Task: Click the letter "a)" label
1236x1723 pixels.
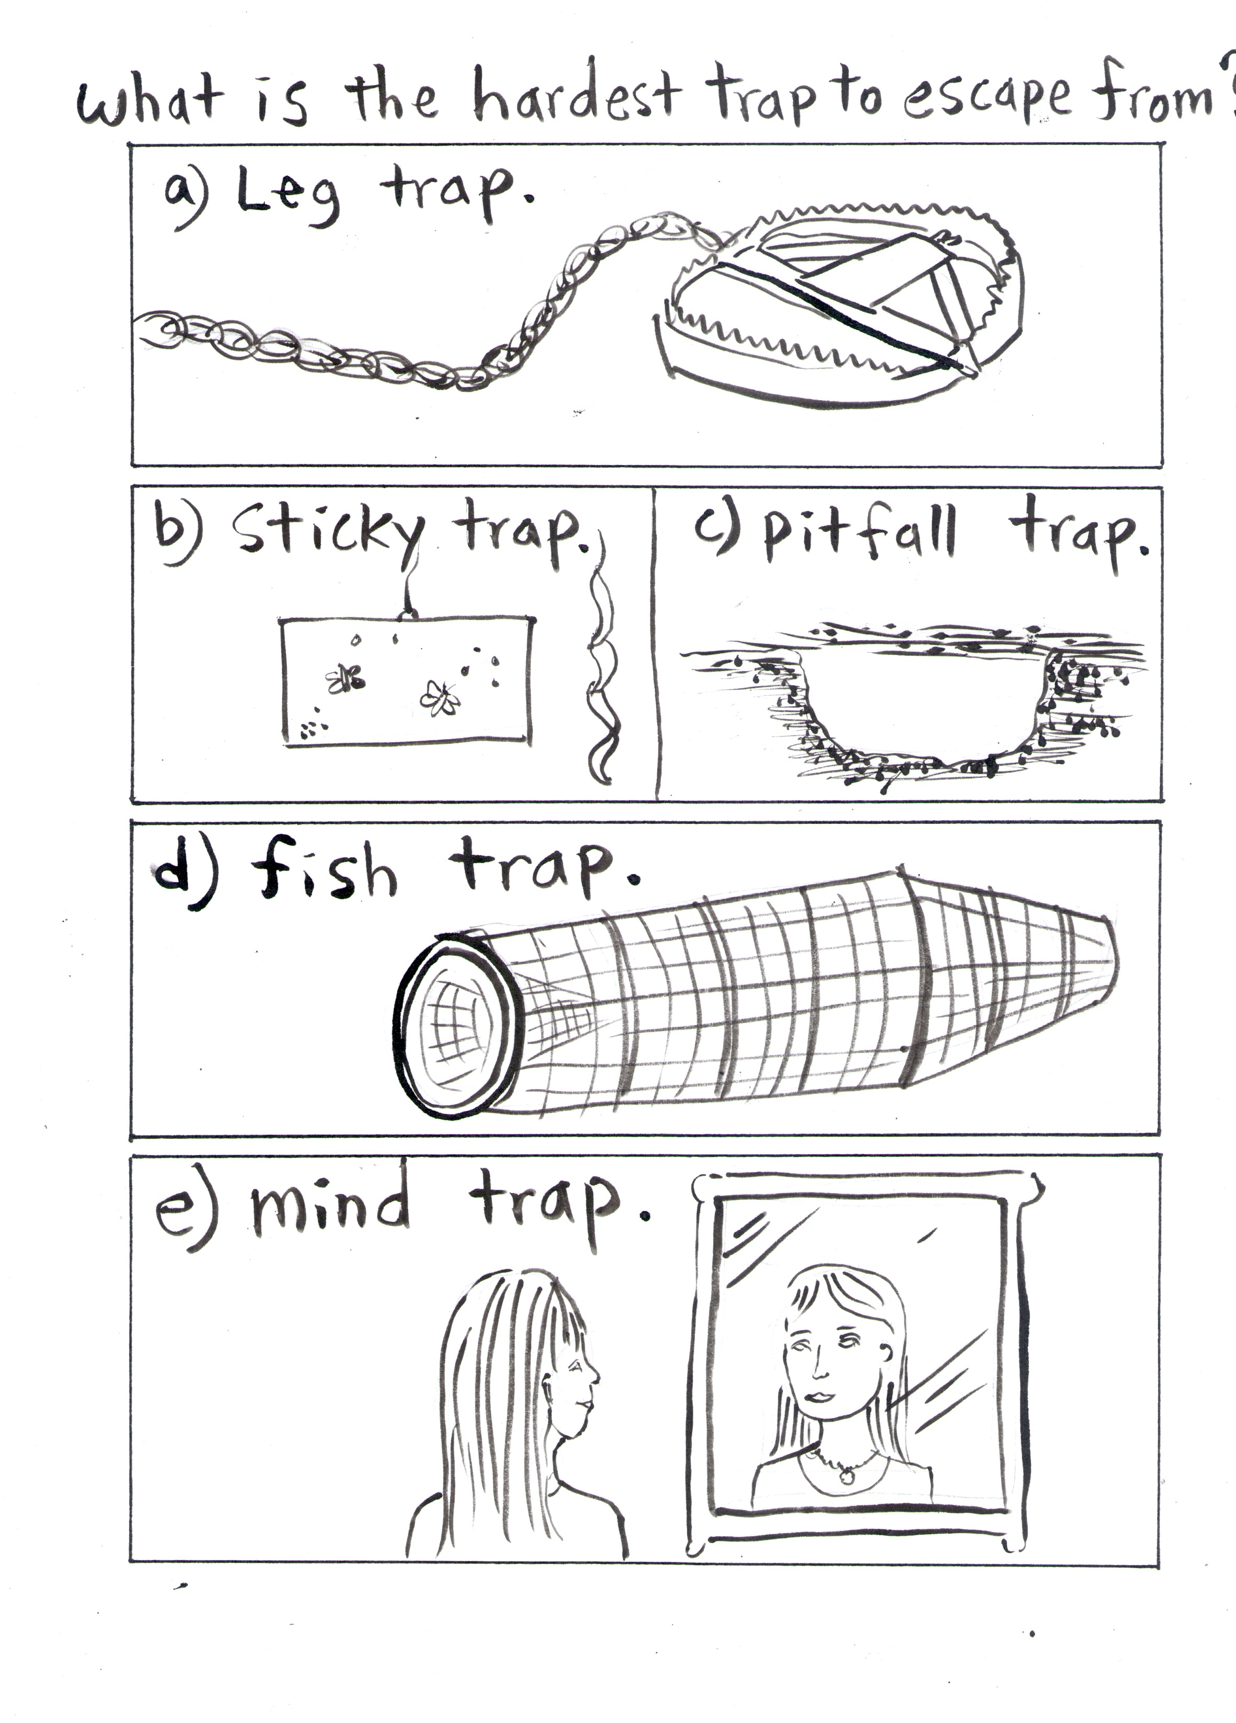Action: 185,193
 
